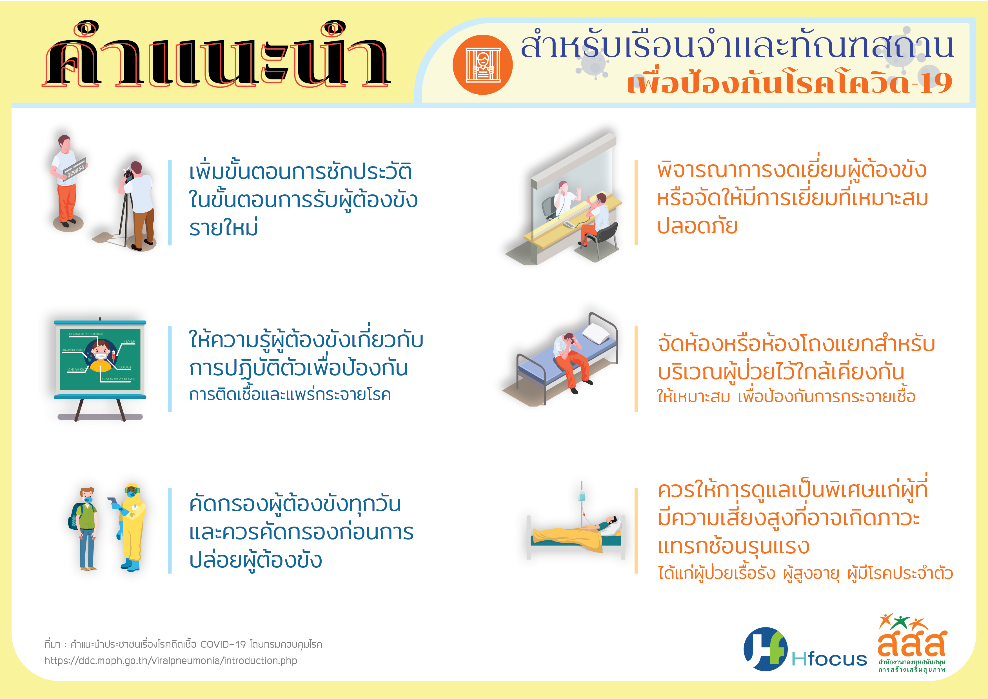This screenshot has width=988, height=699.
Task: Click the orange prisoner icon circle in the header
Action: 483,65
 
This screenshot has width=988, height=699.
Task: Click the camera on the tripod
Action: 128,174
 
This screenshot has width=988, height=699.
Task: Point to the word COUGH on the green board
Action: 126,367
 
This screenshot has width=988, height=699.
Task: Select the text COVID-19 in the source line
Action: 223,644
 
